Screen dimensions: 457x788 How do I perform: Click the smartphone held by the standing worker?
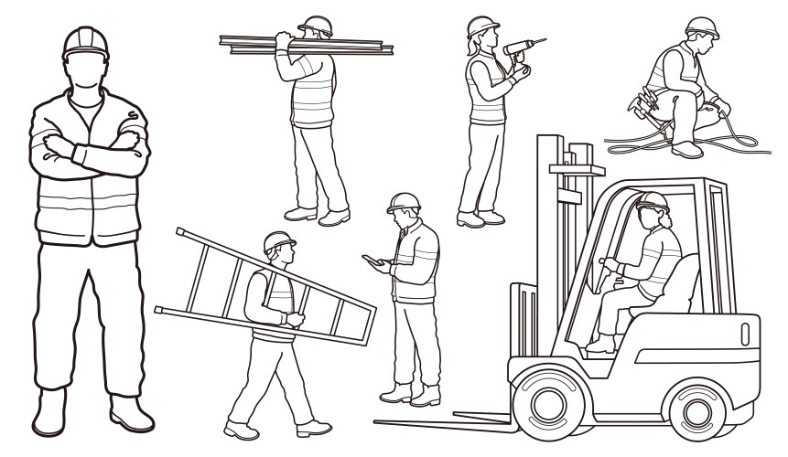click(x=370, y=260)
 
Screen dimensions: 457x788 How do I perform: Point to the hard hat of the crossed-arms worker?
click(x=85, y=41)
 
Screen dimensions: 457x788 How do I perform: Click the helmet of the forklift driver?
click(x=652, y=200)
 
